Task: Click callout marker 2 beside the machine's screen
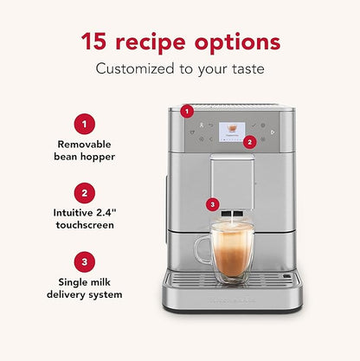pyautogui.click(x=250, y=141)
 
